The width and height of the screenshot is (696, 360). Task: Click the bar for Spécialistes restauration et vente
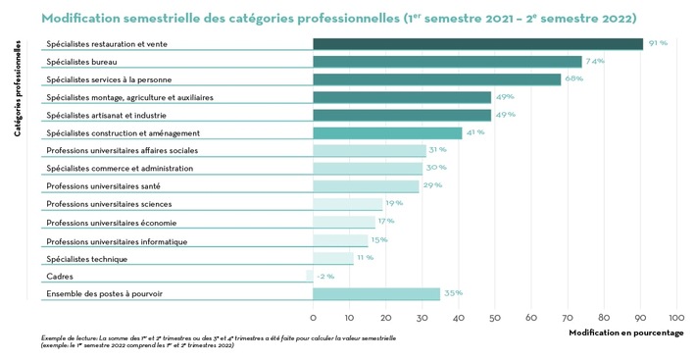(477, 44)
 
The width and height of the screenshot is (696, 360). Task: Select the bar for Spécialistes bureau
(447, 62)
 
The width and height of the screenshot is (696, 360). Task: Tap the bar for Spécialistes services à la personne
(436, 79)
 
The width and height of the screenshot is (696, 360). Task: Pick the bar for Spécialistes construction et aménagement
(387, 132)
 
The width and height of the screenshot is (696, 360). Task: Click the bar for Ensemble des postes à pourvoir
(376, 293)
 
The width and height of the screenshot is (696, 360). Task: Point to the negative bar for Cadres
(310, 276)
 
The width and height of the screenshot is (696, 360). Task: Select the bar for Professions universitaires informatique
(340, 240)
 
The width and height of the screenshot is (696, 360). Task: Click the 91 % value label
(657, 43)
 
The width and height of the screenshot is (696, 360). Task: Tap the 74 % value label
(595, 61)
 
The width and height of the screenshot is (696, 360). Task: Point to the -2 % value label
(325, 276)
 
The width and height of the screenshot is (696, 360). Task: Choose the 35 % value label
(452, 292)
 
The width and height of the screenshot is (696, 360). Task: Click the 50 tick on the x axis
(495, 317)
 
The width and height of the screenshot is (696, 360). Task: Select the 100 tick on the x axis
(676, 317)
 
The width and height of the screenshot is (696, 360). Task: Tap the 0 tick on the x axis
(313, 317)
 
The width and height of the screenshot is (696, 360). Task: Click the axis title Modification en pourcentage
(625, 333)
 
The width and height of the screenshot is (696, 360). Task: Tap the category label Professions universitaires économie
(111, 223)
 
